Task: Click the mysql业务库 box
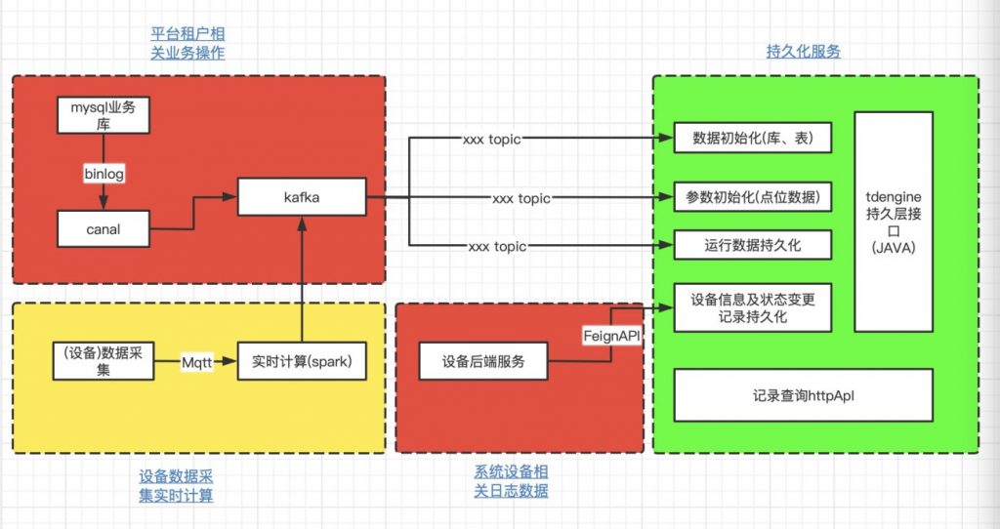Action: [x=104, y=115]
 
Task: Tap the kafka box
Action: [x=303, y=197]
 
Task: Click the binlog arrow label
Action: [x=104, y=172]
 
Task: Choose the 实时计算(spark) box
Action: [x=303, y=361]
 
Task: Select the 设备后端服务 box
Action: [x=482, y=361]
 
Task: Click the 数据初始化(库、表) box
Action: [x=752, y=138]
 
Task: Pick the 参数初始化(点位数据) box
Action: [x=752, y=196]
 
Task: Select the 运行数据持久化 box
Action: [x=752, y=244]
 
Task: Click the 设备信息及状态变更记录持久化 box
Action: [x=752, y=307]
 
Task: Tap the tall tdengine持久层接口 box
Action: [x=893, y=222]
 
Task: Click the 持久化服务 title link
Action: [x=803, y=52]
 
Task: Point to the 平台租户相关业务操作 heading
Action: [x=187, y=43]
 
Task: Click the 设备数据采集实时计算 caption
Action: [x=176, y=485]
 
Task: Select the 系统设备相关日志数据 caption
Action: [x=512, y=481]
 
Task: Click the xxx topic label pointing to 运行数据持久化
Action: [x=498, y=245]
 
